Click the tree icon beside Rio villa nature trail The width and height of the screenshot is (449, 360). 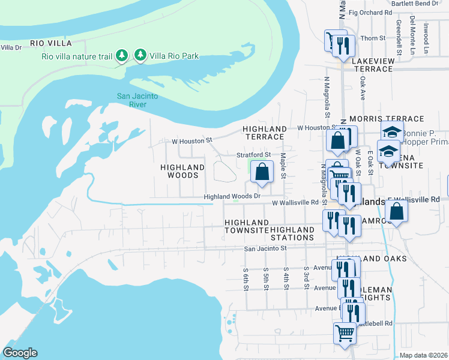122,56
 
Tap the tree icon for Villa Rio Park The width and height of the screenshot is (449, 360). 140,56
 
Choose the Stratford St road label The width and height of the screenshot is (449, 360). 254,155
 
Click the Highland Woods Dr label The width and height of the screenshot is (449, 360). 232,196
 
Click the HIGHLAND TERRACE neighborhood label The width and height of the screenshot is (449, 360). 265,133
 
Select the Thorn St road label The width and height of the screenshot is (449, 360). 373,38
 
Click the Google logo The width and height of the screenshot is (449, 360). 20,353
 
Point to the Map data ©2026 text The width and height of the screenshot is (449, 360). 423,355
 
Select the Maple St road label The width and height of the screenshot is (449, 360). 283,166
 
